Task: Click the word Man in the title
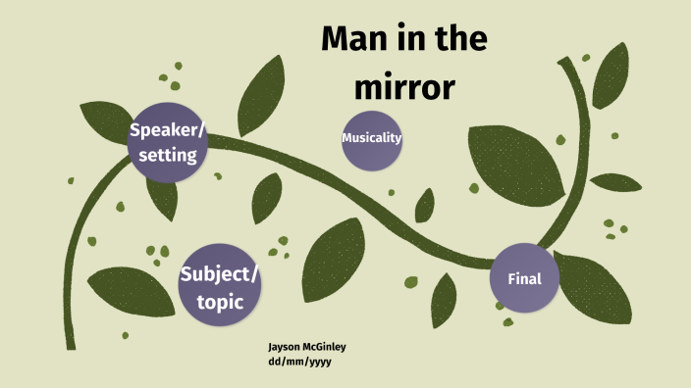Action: click(354, 41)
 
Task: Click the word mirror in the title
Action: click(403, 88)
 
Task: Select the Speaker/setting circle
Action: click(168, 143)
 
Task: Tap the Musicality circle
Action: click(372, 138)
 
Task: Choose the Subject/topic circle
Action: click(220, 285)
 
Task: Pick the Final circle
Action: click(523, 279)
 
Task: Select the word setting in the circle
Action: click(168, 155)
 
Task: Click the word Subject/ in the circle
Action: click(220, 273)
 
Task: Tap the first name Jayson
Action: click(285, 346)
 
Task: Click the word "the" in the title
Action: click(453, 41)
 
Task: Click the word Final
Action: click(523, 279)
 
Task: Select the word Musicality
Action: click(372, 138)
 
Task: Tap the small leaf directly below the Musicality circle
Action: click(424, 205)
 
